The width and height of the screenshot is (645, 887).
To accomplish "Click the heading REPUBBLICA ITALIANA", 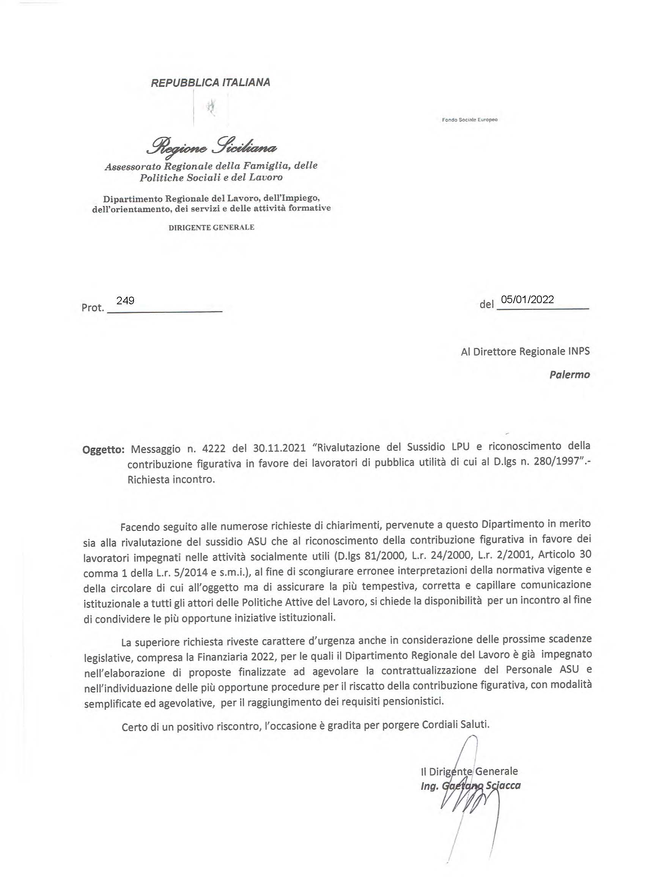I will click(211, 83).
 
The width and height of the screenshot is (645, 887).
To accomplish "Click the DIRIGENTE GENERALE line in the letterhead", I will click(211, 227).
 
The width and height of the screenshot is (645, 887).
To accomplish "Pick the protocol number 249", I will click(126, 300).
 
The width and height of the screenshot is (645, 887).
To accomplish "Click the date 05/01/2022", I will click(528, 299).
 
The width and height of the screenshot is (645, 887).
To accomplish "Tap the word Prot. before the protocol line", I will click(93, 308).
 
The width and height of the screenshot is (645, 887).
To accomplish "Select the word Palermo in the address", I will click(569, 374).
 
